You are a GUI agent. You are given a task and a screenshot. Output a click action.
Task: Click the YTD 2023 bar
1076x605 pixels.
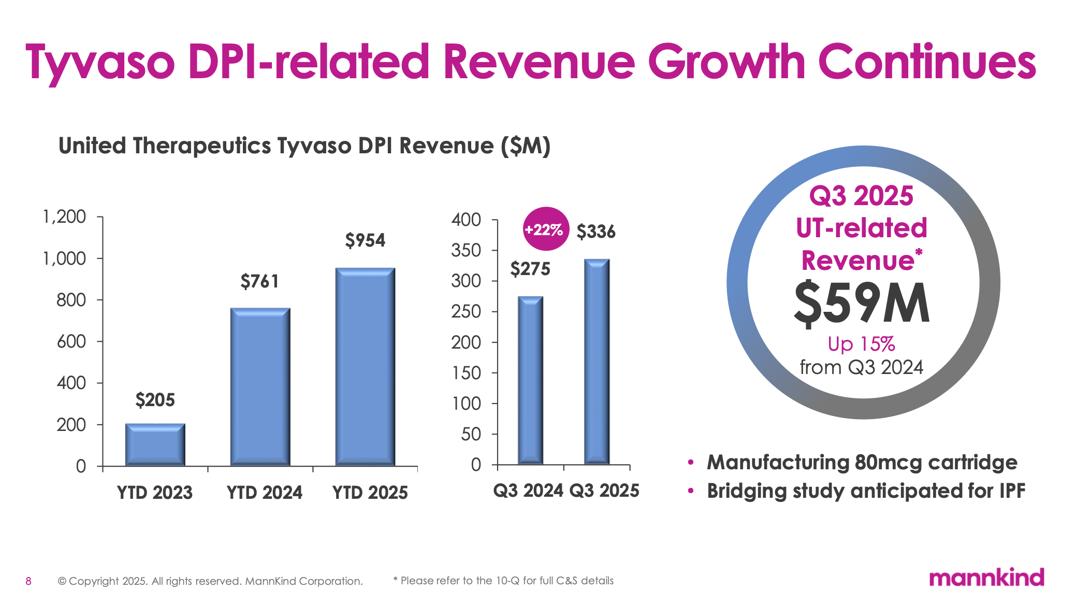[x=155, y=444]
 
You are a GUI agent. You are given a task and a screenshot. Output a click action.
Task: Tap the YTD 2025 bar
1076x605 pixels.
[x=365, y=366]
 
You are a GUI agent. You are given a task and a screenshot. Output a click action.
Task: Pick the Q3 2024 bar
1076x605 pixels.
[x=530, y=380]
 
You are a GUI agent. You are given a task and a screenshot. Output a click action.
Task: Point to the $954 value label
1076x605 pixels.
[x=365, y=240]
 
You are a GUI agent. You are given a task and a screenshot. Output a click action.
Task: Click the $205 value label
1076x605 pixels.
[x=155, y=400]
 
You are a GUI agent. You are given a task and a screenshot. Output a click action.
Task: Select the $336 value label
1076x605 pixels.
[x=596, y=232]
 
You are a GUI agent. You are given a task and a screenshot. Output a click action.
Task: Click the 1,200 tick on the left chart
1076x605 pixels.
[x=64, y=217]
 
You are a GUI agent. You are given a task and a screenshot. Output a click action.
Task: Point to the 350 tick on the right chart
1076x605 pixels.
[x=466, y=251]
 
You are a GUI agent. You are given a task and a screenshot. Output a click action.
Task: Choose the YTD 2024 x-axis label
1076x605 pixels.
[x=264, y=492]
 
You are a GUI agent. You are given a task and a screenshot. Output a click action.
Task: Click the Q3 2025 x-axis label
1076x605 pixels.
[x=604, y=490]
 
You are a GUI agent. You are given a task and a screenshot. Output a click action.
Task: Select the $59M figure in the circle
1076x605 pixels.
[x=862, y=304]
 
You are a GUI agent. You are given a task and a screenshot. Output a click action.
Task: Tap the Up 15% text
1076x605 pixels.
[x=861, y=344]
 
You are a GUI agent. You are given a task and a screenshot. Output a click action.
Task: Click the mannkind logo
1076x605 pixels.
[x=986, y=578]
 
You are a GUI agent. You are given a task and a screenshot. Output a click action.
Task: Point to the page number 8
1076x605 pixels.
[x=28, y=581]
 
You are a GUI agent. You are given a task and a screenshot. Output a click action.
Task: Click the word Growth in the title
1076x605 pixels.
[x=726, y=62]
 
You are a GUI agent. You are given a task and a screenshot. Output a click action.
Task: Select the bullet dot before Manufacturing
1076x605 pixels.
[x=690, y=462]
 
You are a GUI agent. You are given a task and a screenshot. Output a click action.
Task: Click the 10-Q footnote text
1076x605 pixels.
[x=503, y=581]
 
